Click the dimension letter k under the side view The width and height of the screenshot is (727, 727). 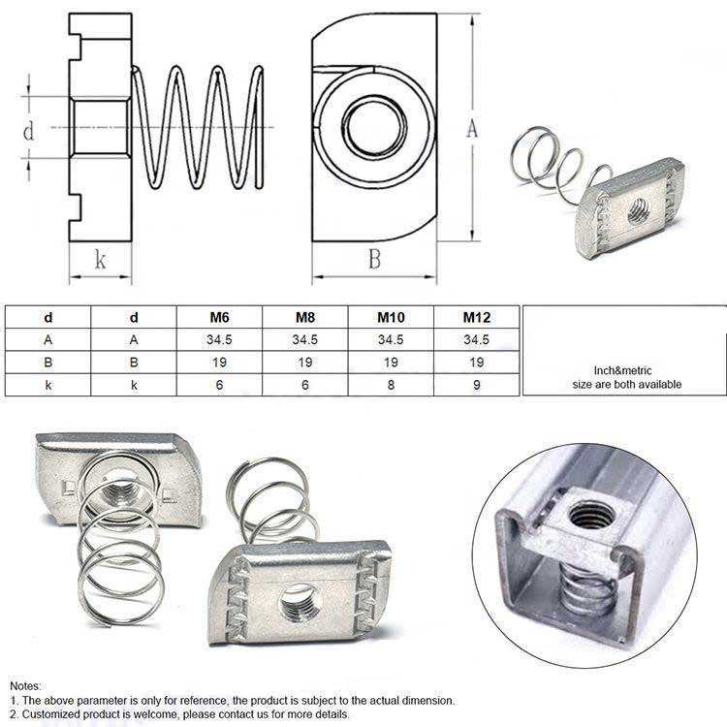pyautogui.click(x=99, y=259)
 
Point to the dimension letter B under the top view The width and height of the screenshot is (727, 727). pyautogui.click(x=373, y=259)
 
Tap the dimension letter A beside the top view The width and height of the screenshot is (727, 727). pyautogui.click(x=473, y=129)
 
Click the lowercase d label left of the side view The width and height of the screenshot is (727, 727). pyautogui.click(x=29, y=129)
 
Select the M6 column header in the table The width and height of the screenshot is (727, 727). pyautogui.click(x=220, y=317)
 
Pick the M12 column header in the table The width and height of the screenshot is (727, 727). pyautogui.click(x=477, y=317)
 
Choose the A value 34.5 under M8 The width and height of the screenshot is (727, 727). pyautogui.click(x=305, y=339)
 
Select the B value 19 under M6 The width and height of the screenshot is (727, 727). pyautogui.click(x=220, y=362)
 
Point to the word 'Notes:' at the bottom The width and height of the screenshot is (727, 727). pyautogui.click(x=26, y=685)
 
